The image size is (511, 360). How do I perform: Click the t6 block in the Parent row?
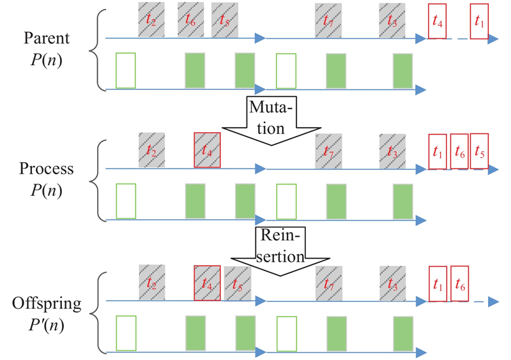[190, 20]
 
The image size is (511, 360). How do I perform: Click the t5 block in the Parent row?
[225, 20]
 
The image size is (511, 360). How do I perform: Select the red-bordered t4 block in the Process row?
[208, 151]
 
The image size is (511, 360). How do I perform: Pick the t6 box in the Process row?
[459, 152]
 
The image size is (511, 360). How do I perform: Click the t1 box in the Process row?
[438, 152]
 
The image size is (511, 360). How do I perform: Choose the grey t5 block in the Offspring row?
[238, 283]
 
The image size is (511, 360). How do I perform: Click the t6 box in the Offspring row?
[460, 283]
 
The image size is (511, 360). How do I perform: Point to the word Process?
[46, 169]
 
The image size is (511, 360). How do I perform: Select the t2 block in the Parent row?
[151, 20]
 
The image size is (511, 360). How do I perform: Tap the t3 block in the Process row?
[392, 151]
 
